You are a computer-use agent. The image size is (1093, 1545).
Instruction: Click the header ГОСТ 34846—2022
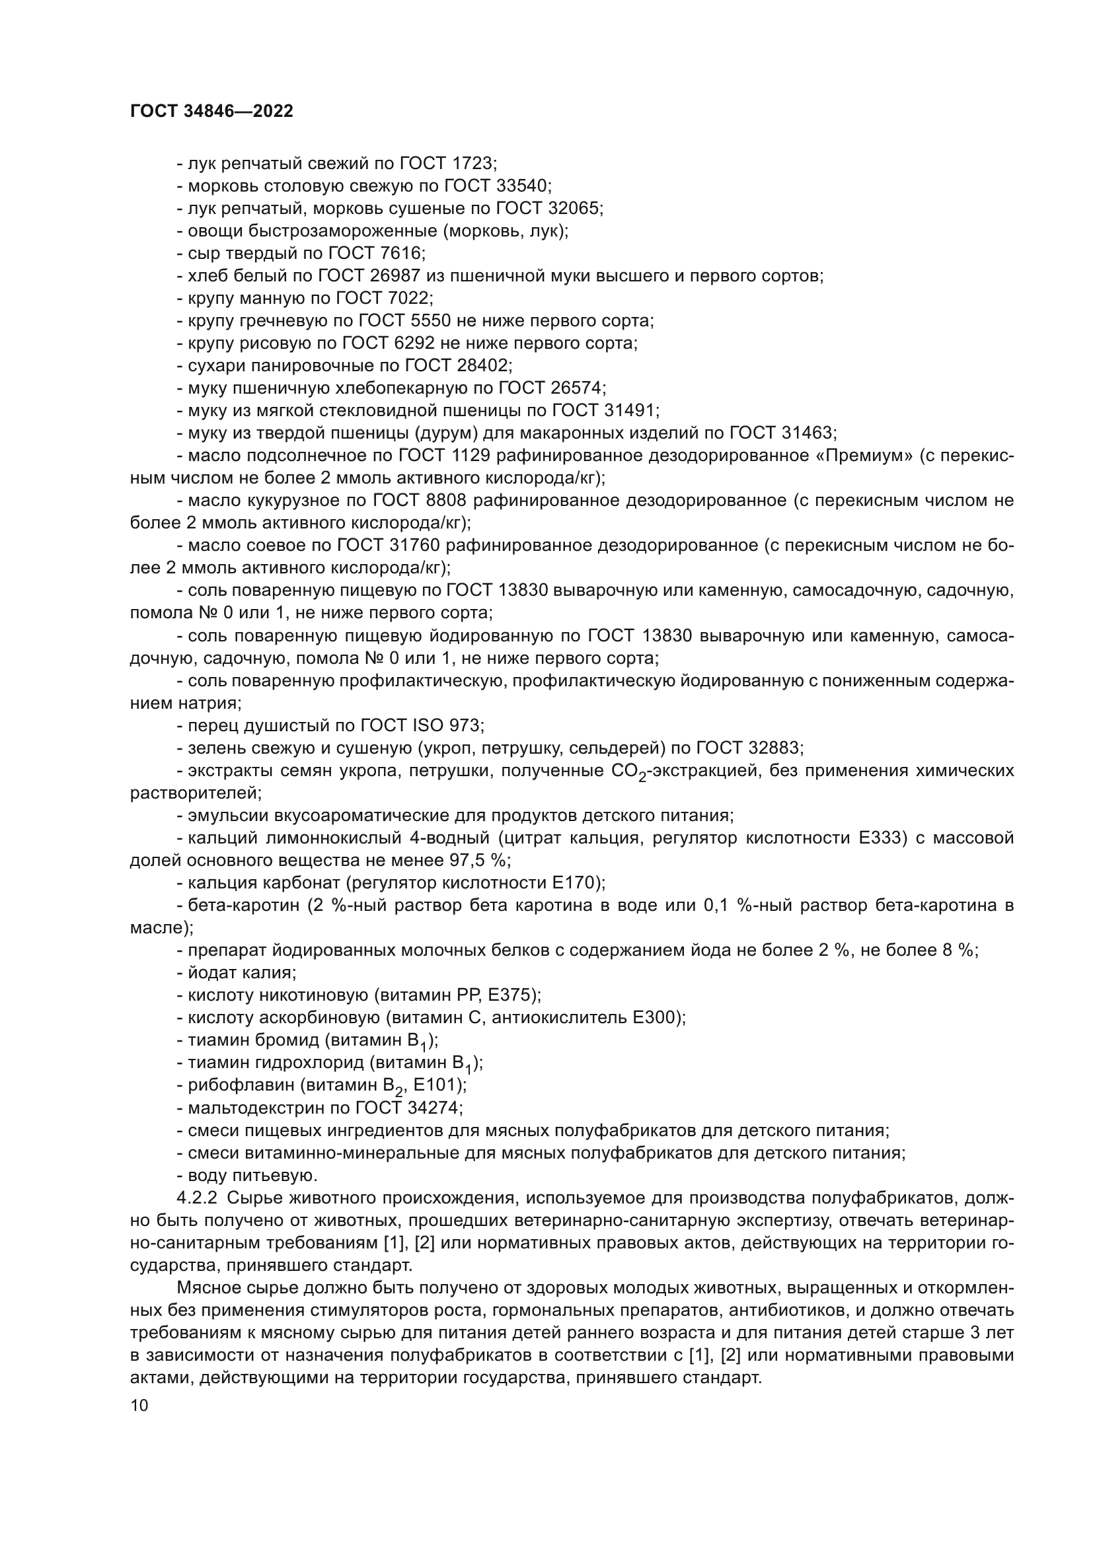click(211, 112)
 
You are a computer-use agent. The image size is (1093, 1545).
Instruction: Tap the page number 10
click(139, 1405)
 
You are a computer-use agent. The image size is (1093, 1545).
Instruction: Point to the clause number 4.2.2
click(196, 1198)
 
